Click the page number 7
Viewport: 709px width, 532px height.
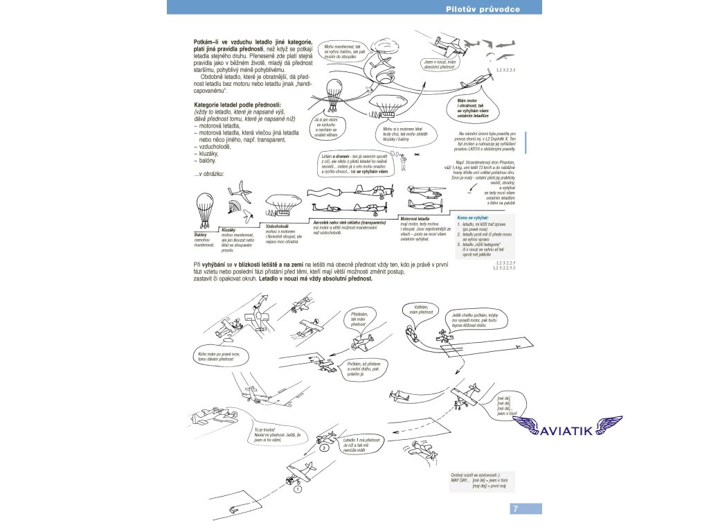click(515, 509)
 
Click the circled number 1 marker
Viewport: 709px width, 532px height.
click(296, 489)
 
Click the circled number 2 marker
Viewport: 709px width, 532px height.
click(323, 448)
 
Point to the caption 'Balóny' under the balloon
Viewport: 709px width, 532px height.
click(201, 235)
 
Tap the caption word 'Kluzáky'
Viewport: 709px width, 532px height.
click(229, 229)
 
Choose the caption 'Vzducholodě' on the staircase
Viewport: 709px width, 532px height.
click(278, 226)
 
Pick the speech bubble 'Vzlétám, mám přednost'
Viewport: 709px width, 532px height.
click(422, 309)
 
